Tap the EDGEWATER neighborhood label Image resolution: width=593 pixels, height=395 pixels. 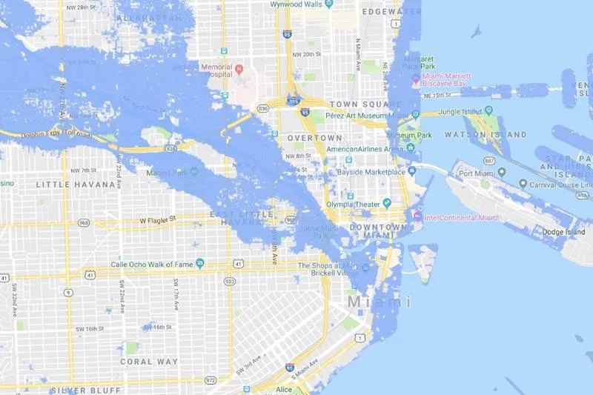[x=391, y=13]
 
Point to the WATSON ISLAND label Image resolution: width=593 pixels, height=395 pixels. [x=486, y=135]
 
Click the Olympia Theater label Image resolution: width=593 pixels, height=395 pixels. [x=354, y=204]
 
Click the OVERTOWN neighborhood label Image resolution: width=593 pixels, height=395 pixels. [x=315, y=138]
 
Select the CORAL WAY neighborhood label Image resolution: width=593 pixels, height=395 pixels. [x=148, y=362]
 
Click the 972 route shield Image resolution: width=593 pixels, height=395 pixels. [x=211, y=380]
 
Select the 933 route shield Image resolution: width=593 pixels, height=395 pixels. [x=230, y=282]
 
